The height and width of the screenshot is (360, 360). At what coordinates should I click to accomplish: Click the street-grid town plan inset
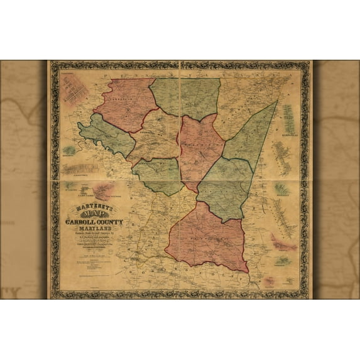(75, 89)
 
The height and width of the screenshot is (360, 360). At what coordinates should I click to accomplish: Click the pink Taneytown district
(123, 104)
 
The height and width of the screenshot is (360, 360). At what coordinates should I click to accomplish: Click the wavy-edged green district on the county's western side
(103, 136)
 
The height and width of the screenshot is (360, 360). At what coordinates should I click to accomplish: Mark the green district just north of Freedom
(223, 188)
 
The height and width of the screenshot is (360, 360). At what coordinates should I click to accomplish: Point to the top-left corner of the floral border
(52, 63)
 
